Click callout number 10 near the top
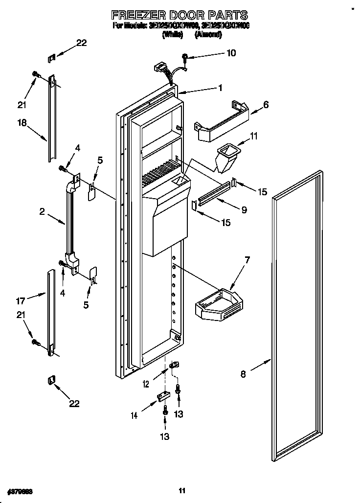coord(231,53)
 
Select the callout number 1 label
coord(221,88)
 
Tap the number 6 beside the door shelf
coord(266,104)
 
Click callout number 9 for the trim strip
coord(244,210)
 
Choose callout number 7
coord(247,260)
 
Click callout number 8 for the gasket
coord(244,374)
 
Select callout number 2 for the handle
coord(42,211)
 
